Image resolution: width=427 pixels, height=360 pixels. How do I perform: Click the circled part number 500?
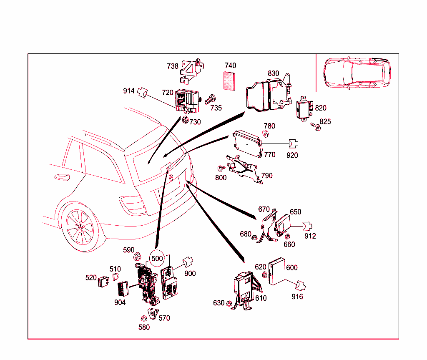tap(157, 258)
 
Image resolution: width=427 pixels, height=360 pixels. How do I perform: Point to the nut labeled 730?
tap(184, 120)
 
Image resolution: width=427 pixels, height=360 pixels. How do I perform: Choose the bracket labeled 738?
tap(193, 69)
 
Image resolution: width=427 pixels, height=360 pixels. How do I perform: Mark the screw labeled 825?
tap(315, 126)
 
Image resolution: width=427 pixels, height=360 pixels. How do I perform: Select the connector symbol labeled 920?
tap(293, 144)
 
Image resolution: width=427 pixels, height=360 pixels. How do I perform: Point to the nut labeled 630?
tap(229, 303)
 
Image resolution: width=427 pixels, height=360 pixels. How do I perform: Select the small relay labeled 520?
tap(103, 282)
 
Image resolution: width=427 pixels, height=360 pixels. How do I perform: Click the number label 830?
tap(273, 73)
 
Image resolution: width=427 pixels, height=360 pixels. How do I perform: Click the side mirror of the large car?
tap(62, 177)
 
